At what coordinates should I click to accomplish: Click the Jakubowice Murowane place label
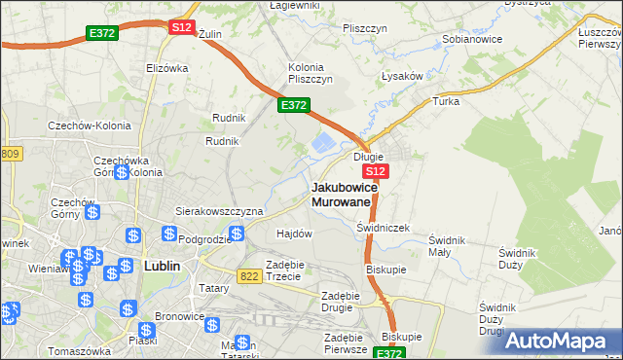click(341, 194)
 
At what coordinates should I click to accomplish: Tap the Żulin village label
click(210, 33)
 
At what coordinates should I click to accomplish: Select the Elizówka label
click(165, 68)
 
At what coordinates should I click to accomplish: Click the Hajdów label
click(294, 234)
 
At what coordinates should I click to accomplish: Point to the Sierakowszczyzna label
click(219, 210)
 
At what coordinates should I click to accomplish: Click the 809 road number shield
click(11, 154)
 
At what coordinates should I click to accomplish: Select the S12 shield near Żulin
click(181, 28)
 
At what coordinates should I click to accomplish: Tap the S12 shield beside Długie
click(379, 170)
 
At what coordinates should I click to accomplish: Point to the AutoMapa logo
click(559, 341)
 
